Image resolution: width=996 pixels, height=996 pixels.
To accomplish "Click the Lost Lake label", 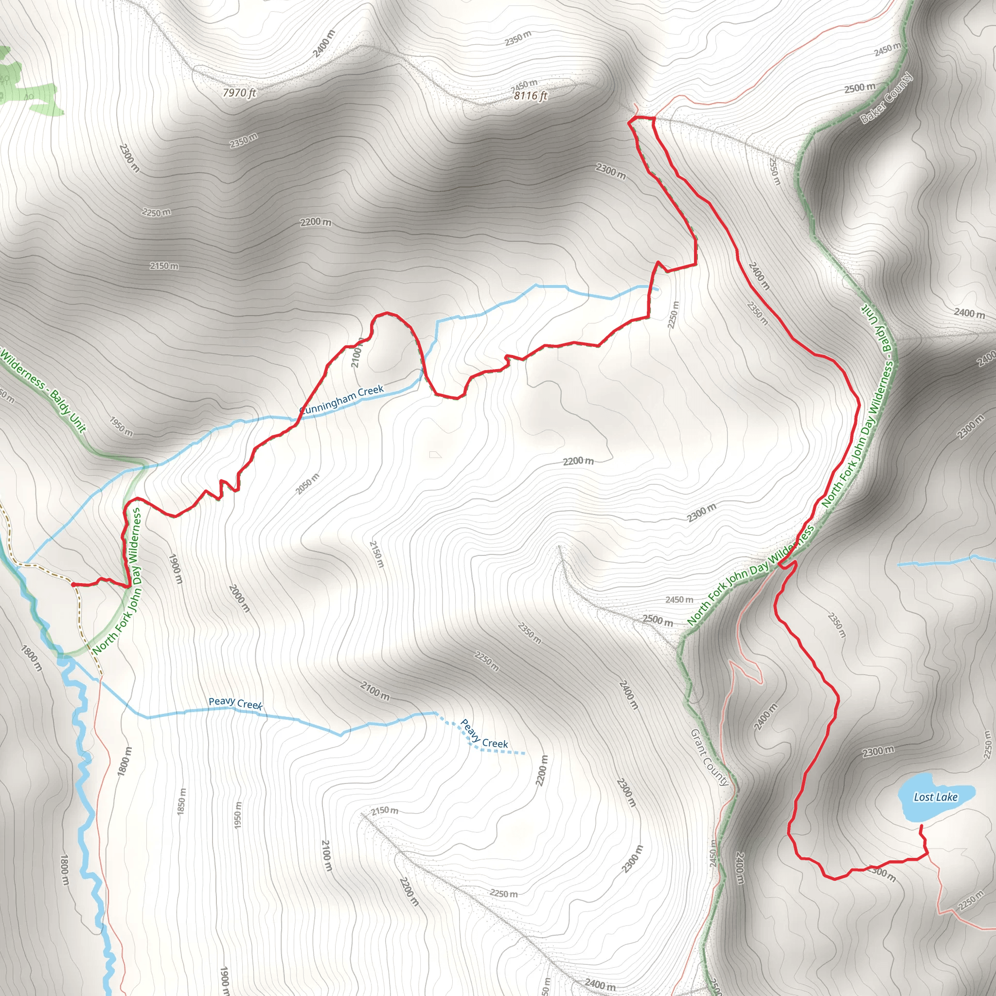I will pos(935,797).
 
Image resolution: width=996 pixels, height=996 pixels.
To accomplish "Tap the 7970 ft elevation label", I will pos(239,93).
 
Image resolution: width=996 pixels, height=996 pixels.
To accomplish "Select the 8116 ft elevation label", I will pos(531,95).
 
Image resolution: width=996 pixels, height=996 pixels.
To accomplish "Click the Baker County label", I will pos(886,98).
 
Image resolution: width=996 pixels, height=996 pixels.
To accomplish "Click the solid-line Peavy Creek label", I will pos(235,703).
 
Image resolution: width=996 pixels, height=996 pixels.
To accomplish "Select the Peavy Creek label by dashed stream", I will pos(484,733).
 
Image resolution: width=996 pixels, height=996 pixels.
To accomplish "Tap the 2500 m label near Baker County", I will pos(859,88).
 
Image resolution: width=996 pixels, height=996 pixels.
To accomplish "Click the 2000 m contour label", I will pos(239,598).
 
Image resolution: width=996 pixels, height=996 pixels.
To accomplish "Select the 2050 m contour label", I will pos(308,483).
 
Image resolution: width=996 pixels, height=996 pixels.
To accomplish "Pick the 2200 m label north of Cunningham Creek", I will pos(316,222).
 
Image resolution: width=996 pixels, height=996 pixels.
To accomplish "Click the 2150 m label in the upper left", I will pos(164,266).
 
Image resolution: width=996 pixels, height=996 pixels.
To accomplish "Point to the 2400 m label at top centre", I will pos(323,44).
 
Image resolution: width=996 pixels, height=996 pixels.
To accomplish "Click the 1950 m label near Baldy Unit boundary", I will pos(121,426).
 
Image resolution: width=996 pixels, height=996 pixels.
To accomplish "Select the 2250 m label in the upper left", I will pos(156,212).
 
